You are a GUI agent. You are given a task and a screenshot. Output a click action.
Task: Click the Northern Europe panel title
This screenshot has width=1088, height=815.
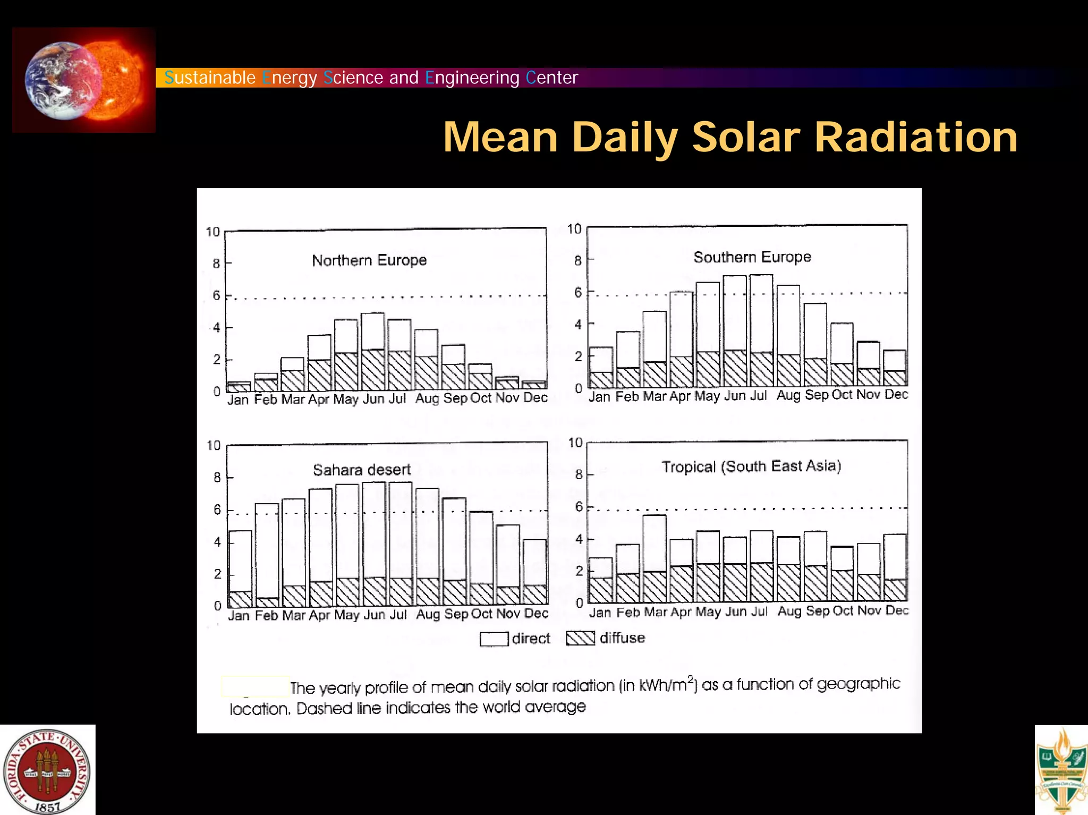click(x=369, y=260)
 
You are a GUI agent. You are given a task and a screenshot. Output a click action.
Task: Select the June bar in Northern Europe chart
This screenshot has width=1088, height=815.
click(x=372, y=351)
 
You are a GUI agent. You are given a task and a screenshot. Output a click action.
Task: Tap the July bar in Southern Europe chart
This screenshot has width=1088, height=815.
click(x=761, y=329)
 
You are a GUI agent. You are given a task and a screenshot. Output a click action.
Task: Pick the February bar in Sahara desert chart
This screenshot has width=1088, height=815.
click(x=267, y=553)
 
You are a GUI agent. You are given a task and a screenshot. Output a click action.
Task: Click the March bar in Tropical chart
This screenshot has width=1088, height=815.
click(x=654, y=558)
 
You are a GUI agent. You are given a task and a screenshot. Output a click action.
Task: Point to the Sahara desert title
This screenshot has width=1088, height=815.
click(x=361, y=470)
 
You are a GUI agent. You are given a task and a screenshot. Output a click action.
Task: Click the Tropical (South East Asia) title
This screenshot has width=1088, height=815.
click(x=751, y=466)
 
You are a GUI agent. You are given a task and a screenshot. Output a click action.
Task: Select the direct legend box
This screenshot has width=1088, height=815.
click(x=494, y=639)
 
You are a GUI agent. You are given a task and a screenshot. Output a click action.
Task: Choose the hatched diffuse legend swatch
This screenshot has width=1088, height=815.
click(x=580, y=638)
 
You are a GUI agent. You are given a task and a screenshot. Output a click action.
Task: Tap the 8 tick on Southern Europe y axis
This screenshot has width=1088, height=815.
click(x=577, y=260)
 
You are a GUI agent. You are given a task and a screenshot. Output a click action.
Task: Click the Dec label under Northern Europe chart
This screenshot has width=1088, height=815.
click(x=535, y=397)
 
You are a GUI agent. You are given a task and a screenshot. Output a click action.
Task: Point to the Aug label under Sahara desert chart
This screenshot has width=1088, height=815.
click(x=428, y=614)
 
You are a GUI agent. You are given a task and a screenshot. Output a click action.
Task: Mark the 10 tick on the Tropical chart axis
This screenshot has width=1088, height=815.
click(x=575, y=443)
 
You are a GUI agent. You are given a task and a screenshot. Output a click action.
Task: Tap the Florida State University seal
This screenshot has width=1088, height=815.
click(x=47, y=771)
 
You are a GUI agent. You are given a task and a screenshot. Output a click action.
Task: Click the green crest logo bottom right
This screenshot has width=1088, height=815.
click(x=1061, y=770)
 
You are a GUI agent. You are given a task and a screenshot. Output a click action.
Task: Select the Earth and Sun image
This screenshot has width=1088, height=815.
click(x=83, y=80)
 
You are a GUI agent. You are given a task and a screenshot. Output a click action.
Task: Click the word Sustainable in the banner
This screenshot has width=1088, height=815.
click(x=210, y=78)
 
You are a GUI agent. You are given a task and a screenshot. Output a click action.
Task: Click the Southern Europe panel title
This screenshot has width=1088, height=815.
click(x=752, y=257)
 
